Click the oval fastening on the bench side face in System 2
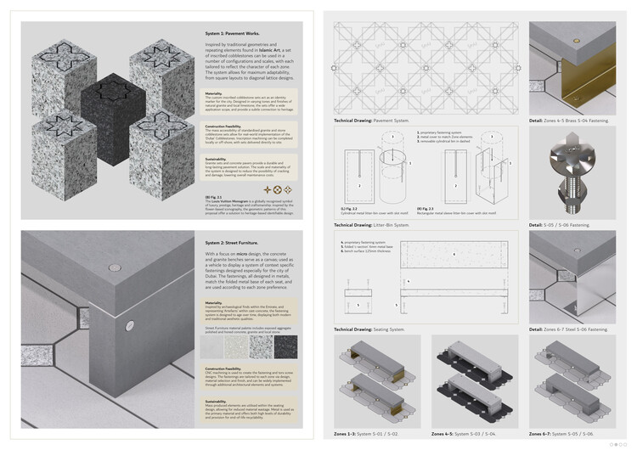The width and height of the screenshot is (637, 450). pos(128,323)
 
